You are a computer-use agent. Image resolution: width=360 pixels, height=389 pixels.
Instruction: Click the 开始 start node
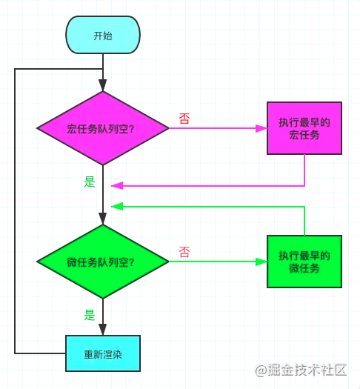[103, 36]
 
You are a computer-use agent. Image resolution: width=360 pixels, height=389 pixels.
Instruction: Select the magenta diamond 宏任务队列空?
[103, 128]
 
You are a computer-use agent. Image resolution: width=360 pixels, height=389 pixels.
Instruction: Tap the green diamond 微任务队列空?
[103, 262]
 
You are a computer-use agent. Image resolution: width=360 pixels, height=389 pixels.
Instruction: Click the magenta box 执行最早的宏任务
[304, 128]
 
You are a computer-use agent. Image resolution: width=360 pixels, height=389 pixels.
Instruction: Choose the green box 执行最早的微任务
[304, 262]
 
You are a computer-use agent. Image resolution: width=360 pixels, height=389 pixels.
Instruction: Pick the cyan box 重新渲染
[103, 353]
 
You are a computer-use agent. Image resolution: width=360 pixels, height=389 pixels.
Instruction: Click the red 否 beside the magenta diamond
[184, 119]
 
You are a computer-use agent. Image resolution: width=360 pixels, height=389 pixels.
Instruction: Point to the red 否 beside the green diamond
[184, 252]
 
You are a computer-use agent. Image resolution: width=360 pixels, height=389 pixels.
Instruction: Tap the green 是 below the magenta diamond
[90, 181]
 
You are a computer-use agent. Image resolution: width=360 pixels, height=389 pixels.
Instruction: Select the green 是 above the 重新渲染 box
[90, 315]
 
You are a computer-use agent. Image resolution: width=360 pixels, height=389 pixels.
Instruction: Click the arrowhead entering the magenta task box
[261, 128]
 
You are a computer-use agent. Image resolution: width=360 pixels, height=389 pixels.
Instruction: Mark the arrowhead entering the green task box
[261, 262]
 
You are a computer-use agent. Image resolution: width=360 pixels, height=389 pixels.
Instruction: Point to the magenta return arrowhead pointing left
[116, 185]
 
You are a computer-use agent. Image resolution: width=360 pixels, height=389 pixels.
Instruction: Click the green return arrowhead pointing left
[116, 207]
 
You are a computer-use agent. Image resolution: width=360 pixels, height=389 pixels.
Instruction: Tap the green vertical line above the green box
[304, 221]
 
